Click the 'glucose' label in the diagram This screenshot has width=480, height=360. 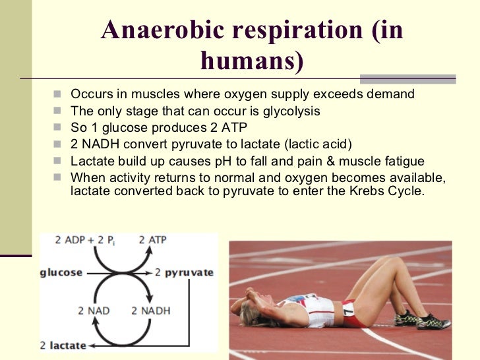[62, 272]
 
